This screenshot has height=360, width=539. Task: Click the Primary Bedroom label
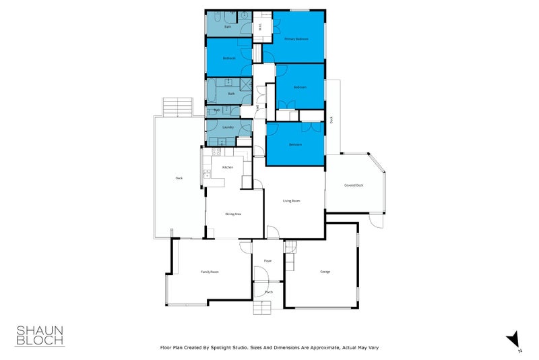coord(296,39)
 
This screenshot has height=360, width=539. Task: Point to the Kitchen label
coord(228,167)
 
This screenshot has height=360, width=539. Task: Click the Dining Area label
coord(233,214)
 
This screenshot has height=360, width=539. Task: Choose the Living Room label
coord(291,200)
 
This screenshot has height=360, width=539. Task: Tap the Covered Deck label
coord(354,185)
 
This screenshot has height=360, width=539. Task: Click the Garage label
coord(325,272)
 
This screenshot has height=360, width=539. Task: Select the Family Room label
coord(210,272)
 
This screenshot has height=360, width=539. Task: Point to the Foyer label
coord(267,260)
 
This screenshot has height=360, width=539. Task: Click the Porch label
coord(268,292)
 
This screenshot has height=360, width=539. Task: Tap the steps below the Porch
coord(265,308)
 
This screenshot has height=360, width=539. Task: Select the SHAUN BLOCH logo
coord(40,335)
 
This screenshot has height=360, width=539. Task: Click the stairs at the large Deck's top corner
coord(177,107)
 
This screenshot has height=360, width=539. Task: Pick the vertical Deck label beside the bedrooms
coord(331,119)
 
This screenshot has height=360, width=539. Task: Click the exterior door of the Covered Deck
coord(376,220)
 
